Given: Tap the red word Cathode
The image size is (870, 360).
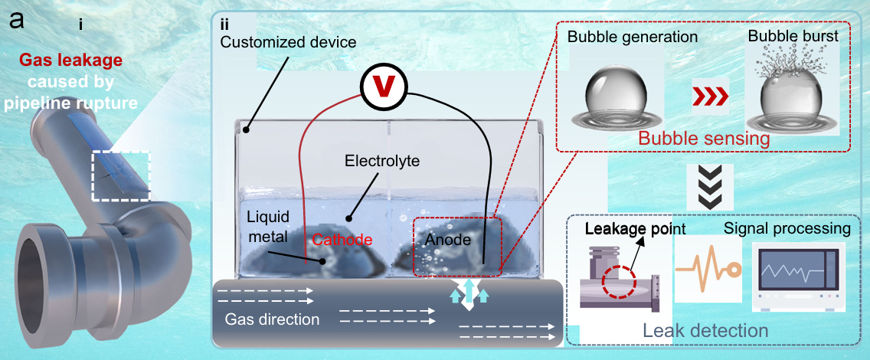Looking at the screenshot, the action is (x=340, y=241).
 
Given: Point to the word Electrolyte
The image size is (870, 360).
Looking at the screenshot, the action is (x=381, y=162).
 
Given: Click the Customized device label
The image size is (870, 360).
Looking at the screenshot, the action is (x=287, y=41).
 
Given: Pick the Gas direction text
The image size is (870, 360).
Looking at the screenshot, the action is (x=272, y=320).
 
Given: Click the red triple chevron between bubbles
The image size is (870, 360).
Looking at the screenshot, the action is (x=710, y=97).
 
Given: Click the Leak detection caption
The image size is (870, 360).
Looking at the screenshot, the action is (x=705, y=331).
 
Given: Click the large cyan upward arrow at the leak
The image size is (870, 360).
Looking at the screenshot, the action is (x=469, y=290).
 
